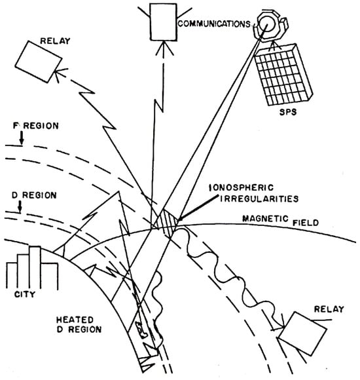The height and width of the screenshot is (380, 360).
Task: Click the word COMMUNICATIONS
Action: click(214, 24)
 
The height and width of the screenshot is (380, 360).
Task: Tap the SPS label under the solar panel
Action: click(288, 112)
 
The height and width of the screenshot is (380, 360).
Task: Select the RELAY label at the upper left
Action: click(55, 41)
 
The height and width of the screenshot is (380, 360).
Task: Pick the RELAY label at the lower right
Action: click(329, 309)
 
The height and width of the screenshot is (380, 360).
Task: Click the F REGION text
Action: click(35, 126)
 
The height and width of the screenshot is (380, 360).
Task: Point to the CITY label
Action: click(25, 294)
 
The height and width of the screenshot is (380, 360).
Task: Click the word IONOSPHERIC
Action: click(242, 187)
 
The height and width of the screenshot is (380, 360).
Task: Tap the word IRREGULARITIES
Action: click(259, 199)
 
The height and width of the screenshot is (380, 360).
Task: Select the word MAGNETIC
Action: click(265, 218)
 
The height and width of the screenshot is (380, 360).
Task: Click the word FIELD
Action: click(306, 223)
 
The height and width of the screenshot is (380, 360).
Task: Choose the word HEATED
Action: click(75, 320)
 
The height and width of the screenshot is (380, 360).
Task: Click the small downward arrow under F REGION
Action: click(22, 138)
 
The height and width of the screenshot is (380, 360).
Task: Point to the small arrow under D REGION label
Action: click(20, 206)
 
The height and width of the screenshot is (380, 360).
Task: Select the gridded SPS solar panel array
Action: click(283, 75)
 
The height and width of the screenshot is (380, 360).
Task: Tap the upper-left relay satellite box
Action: click(39, 62)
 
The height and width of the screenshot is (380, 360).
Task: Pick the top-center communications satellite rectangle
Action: click(163, 22)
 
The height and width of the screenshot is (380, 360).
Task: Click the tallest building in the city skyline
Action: click(35, 267)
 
